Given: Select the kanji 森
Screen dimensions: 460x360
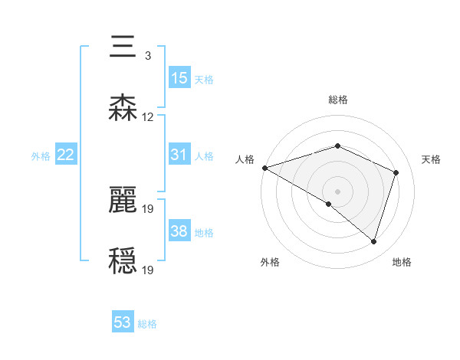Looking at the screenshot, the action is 123,107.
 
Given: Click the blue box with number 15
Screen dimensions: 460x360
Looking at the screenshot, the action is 179,78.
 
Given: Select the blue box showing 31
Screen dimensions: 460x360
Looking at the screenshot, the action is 179,155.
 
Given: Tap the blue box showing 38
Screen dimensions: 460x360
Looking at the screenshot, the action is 179,231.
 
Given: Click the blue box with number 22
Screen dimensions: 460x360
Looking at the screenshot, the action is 66,155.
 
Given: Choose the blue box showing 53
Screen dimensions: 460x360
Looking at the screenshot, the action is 123,322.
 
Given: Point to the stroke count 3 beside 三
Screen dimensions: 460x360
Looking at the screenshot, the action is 147,56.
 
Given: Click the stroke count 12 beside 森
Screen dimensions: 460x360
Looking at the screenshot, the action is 148,117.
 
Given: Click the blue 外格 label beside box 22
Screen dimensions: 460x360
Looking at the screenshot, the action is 41,155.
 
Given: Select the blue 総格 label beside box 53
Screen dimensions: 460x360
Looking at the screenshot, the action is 147,324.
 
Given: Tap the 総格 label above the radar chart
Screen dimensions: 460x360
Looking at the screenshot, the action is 338,100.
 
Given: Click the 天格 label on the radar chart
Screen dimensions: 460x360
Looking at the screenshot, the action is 431,159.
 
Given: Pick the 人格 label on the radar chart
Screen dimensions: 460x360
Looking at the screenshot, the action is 245,159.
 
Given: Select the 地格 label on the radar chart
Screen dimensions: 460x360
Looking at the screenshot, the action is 402,262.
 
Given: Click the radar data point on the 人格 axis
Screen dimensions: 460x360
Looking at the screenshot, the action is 264,168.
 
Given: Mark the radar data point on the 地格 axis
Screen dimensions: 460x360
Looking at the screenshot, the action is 373,242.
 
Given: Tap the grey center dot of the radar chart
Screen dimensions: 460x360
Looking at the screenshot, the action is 337,191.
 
